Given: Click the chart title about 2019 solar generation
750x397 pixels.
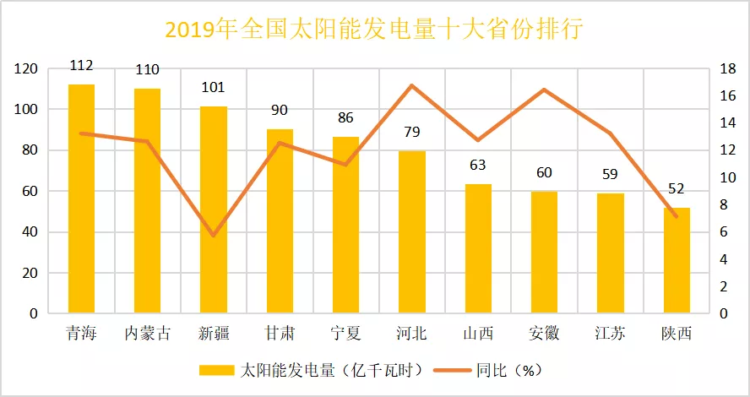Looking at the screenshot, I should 374,30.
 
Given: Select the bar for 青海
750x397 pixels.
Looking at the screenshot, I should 81,198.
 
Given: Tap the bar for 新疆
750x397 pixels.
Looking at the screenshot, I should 214,209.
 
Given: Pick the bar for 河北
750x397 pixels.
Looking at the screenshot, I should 412,231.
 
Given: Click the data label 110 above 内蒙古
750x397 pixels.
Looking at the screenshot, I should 148,69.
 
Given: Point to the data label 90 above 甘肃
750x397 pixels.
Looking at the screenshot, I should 280,110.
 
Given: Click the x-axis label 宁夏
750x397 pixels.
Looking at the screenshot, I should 345,334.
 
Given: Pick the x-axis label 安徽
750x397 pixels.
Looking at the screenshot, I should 544,334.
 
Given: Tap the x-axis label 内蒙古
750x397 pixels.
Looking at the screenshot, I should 148,334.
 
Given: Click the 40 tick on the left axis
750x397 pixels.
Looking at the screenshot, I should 30,232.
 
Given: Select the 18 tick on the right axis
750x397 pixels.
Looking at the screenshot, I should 721,68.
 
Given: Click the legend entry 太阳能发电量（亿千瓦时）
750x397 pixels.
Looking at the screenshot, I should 312,370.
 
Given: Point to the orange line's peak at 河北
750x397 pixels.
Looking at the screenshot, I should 411,85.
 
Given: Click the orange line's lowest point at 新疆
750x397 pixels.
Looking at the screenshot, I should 214,236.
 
